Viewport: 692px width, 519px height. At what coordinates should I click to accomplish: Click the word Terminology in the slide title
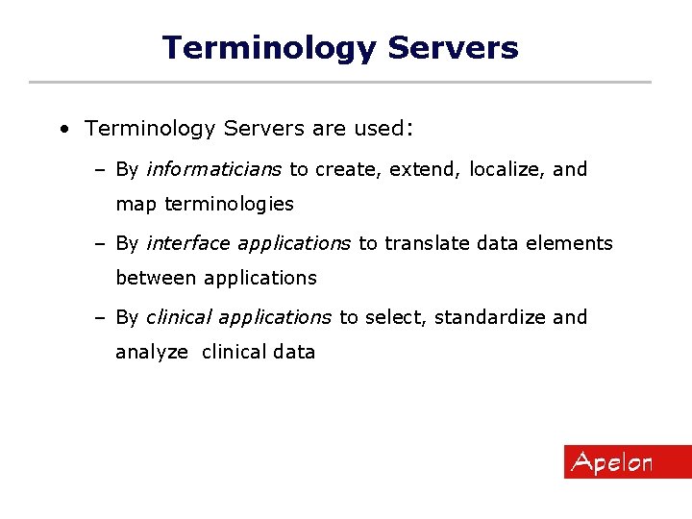point(269,47)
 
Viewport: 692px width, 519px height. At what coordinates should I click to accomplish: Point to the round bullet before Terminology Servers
point(62,129)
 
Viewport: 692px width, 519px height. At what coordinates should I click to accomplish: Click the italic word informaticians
point(213,169)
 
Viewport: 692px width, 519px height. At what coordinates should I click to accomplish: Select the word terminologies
point(229,204)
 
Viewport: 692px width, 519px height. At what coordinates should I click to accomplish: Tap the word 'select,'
point(395,317)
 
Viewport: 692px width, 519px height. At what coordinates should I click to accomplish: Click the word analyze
point(152,352)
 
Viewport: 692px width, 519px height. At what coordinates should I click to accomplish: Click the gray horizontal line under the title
point(340,82)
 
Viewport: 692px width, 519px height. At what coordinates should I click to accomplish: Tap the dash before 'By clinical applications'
point(100,317)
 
